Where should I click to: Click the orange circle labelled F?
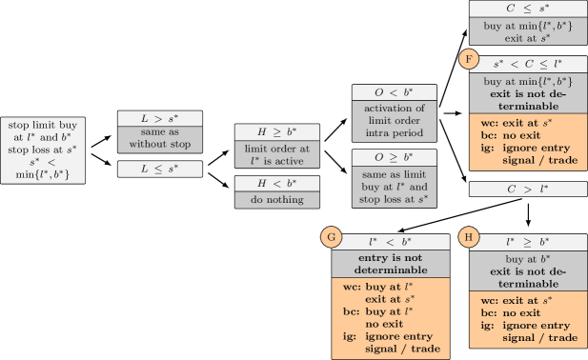(468, 59)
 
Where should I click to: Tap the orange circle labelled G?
(332, 236)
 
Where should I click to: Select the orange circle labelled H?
(467, 236)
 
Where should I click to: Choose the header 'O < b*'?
(395, 92)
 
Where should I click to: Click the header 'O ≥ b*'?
(395, 156)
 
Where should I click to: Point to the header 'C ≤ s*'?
(526, 9)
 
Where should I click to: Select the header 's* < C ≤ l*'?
(526, 64)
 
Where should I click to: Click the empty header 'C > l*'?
(526, 189)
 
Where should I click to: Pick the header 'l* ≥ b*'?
(526, 244)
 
